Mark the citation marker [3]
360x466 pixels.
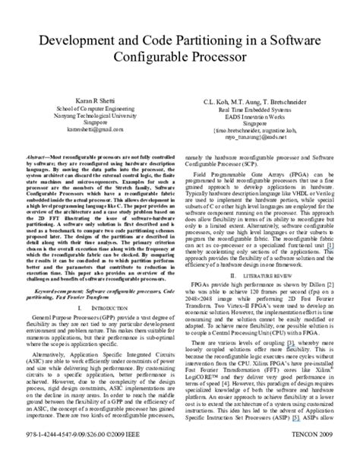click(288, 343)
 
